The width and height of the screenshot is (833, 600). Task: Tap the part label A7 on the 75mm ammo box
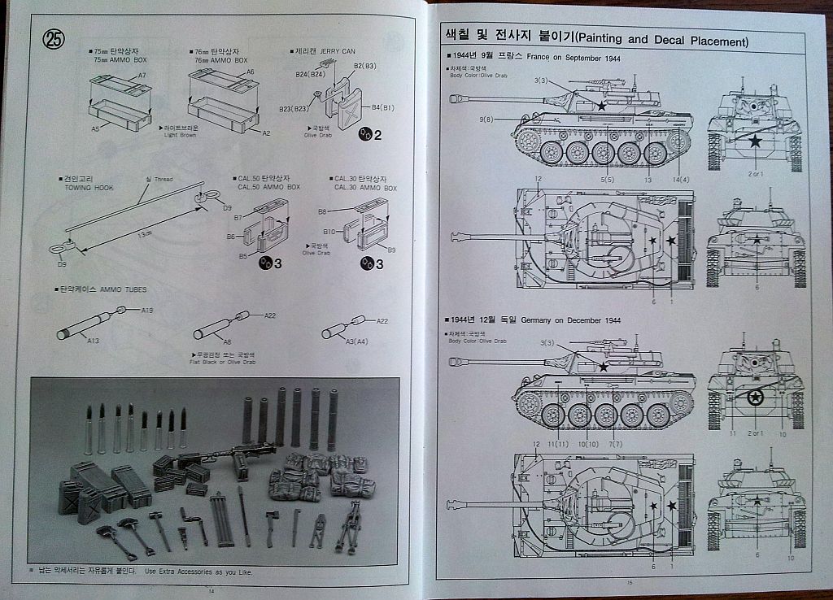pos(142,75)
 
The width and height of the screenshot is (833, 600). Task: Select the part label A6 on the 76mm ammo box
pos(251,72)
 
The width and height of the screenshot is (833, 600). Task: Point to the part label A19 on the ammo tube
pos(147,310)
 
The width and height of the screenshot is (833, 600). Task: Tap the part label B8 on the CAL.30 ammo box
pos(322,211)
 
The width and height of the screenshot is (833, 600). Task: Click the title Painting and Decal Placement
pos(661,41)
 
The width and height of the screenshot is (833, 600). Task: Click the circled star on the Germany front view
pos(755,398)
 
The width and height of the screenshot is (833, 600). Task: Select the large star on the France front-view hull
pos(755,142)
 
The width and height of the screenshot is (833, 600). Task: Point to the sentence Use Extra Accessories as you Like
pos(198,572)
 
